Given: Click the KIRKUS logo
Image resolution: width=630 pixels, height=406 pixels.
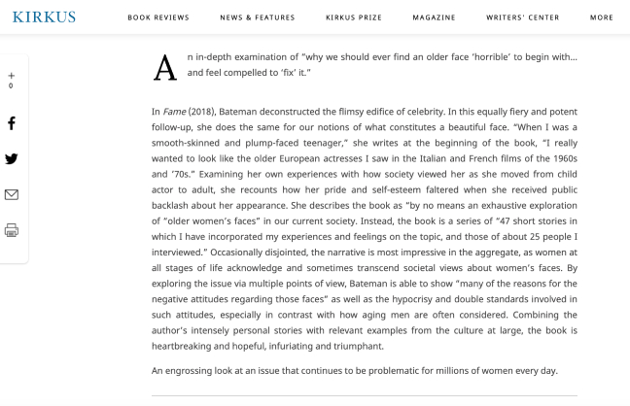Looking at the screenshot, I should click(43, 17).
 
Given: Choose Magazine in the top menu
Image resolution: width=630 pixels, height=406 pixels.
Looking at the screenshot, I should click(433, 17).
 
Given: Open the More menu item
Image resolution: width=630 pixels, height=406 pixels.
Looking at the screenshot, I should click(601, 17).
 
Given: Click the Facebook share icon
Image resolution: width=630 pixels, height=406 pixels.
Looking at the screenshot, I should click(12, 123).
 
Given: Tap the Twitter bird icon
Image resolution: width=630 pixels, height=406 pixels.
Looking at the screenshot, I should click(12, 159).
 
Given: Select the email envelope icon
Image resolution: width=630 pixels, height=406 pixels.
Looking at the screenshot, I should click(12, 194).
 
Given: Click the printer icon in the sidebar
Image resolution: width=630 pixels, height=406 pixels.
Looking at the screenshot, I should click(12, 230).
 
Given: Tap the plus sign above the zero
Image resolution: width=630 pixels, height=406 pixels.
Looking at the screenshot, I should click(12, 76).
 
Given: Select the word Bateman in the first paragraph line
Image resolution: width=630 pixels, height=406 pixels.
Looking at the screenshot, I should click(250, 112).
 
